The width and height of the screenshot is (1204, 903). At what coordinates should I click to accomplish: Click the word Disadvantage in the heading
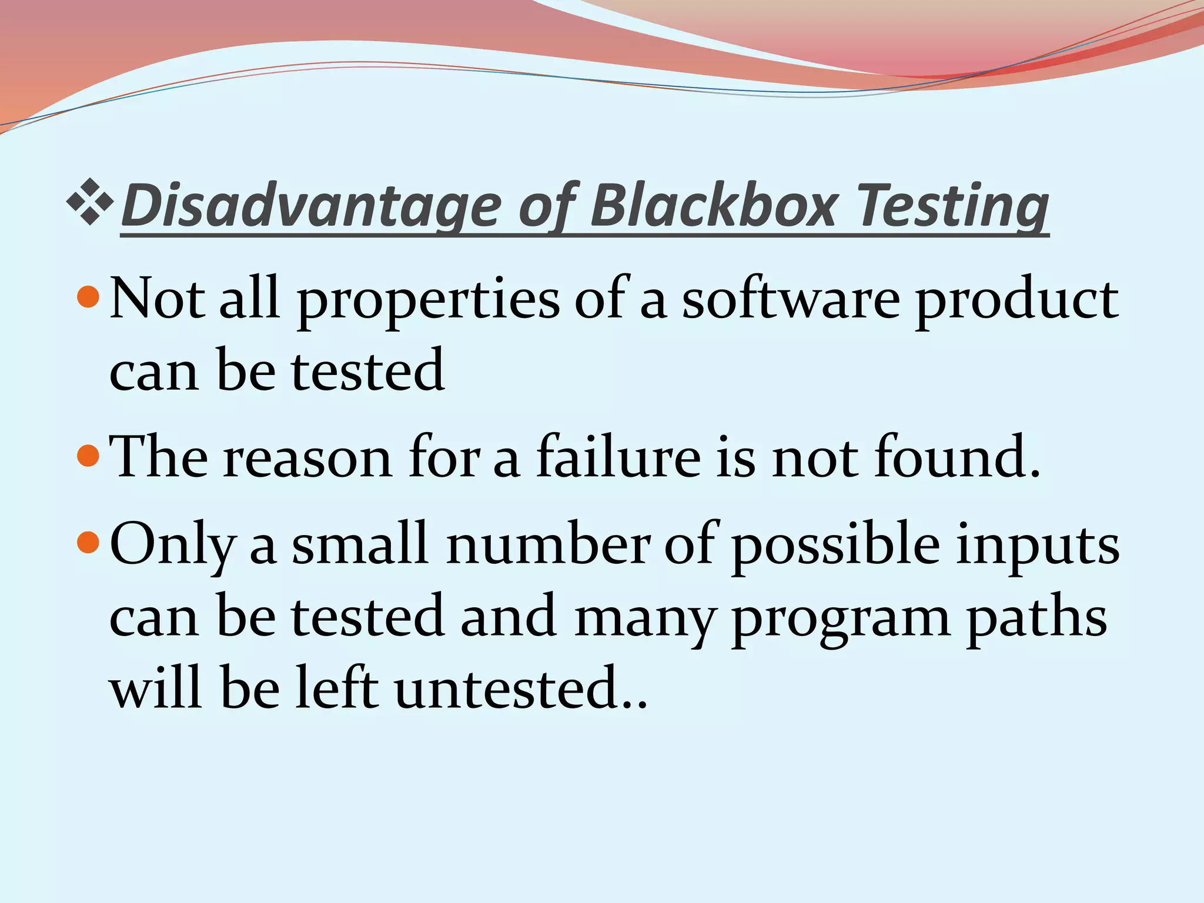(312, 206)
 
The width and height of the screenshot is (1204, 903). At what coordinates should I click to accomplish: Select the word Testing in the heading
(952, 206)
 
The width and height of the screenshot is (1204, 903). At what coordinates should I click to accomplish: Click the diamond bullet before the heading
(90, 203)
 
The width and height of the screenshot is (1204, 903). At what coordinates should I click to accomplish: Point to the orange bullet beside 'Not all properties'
(89, 297)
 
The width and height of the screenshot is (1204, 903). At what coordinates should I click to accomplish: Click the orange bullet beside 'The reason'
(89, 455)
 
